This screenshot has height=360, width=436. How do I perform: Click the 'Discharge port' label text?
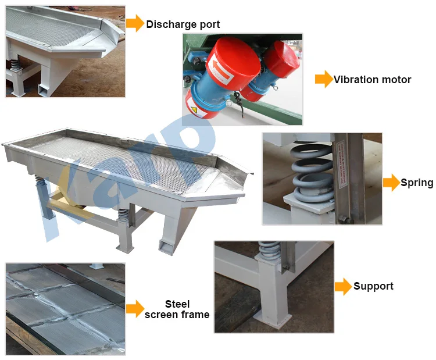183,24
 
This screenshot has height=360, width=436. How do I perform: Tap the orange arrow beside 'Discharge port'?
135,23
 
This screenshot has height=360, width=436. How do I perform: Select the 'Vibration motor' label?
372,80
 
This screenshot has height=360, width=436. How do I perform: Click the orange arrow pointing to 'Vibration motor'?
323,80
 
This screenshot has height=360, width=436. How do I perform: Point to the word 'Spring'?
417,183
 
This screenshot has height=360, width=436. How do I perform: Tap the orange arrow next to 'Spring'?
391,183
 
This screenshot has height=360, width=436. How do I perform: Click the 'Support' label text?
373,286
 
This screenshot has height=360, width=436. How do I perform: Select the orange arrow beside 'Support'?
344,286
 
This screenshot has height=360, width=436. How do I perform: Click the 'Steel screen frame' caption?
177,309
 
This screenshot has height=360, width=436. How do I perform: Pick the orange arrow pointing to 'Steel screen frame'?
135,309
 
